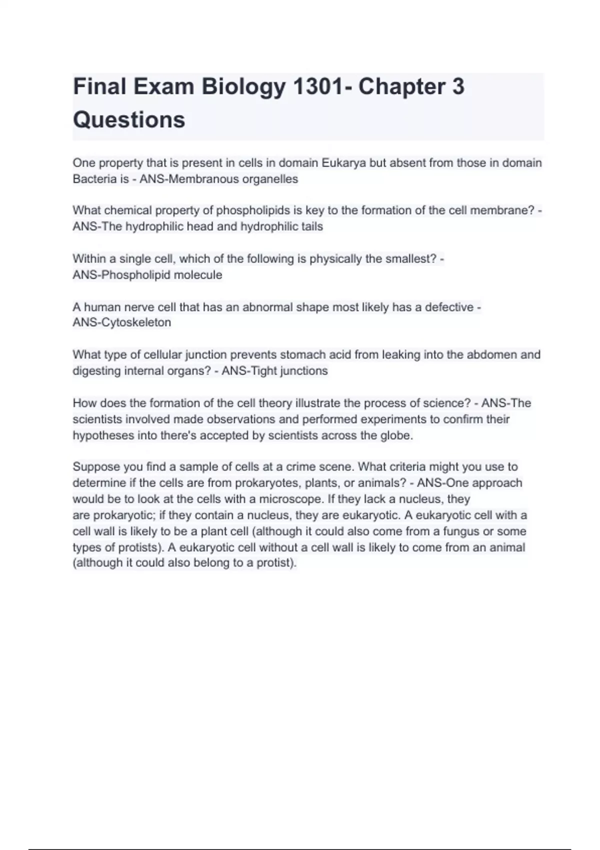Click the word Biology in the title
[243, 87]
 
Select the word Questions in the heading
[129, 120]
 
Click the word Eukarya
[343, 163]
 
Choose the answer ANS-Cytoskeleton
[122, 322]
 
